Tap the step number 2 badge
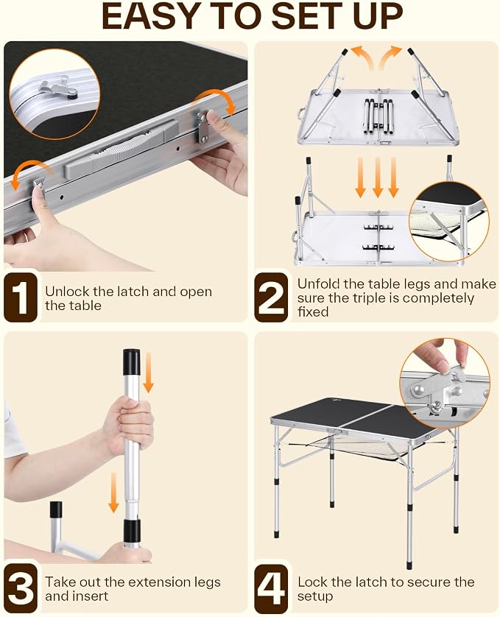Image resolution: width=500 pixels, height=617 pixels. [271, 297]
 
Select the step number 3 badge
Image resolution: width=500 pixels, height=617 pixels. [21, 588]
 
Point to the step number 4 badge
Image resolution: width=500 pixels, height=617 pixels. [271, 588]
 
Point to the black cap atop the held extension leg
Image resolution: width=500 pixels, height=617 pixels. [132, 363]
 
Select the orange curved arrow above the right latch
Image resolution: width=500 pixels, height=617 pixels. [215, 100]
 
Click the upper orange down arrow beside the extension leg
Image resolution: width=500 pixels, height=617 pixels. [147, 373]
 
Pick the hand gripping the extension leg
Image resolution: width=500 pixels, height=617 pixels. [128, 426]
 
